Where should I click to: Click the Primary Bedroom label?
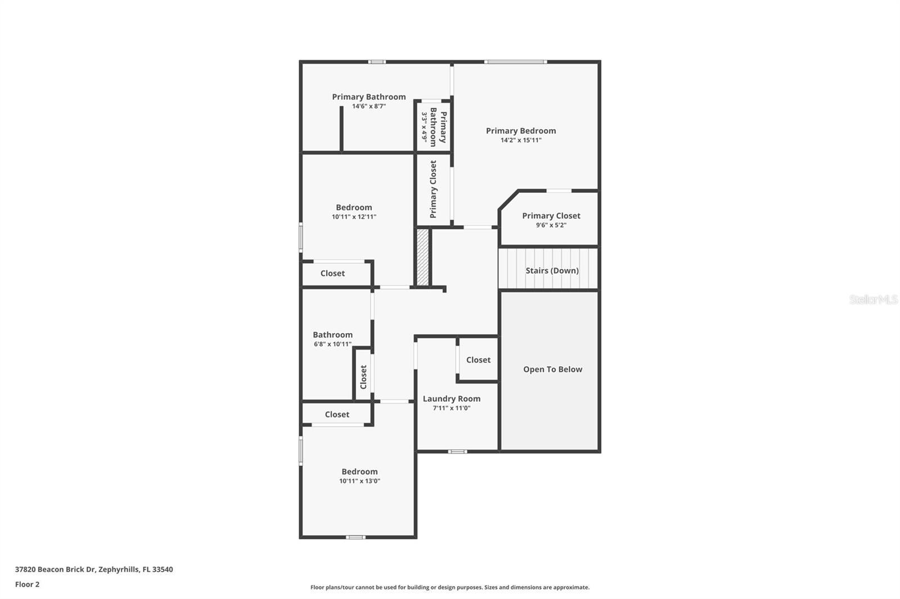tap(521, 131)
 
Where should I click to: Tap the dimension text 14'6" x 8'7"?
tap(368, 106)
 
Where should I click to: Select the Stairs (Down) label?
tap(552, 270)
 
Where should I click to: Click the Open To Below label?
tap(552, 369)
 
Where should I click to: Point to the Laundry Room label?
tap(452, 399)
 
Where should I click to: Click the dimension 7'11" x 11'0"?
tap(452, 409)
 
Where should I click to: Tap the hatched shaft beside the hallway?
tap(422, 257)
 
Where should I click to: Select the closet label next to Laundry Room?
tap(478, 360)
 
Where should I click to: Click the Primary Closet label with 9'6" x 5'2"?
tap(551, 216)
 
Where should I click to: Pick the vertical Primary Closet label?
tap(433, 189)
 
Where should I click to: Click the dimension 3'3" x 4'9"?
tap(425, 126)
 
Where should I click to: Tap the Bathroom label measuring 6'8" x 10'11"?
tap(332, 335)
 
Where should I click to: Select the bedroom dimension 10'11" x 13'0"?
tap(359, 481)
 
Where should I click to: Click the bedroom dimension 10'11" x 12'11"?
tap(354, 217)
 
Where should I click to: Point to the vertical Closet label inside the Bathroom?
tap(363, 376)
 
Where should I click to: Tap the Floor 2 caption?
tap(27, 584)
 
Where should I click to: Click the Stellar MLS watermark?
tap(873, 299)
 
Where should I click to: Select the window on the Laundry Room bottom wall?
tap(457, 451)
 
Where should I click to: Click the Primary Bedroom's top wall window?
tap(515, 62)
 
